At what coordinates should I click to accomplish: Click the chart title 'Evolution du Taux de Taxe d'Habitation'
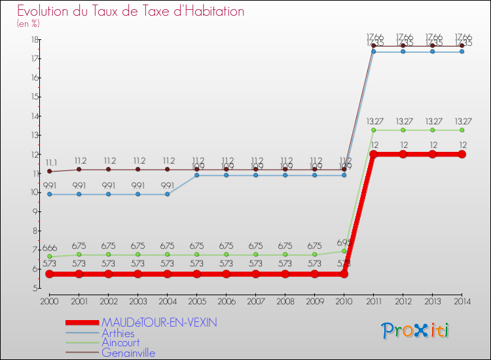point(131,11)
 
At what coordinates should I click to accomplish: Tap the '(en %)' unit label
point(28,24)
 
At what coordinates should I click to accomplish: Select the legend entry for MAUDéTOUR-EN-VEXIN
point(159,323)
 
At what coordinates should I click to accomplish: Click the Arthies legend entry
point(118,333)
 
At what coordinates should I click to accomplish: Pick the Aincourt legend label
point(120,343)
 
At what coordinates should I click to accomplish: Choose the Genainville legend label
point(128,353)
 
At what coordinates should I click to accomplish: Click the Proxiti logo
point(416,331)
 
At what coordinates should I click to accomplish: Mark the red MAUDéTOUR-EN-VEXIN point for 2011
point(373,154)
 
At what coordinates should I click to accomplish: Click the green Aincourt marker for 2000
point(49,257)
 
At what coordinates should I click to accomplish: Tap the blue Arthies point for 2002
point(108,194)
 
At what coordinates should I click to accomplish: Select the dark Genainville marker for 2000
point(49,171)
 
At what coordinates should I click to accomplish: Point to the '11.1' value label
point(50,162)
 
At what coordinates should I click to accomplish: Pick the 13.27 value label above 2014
point(462,121)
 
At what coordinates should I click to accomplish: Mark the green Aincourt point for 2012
point(403,130)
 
